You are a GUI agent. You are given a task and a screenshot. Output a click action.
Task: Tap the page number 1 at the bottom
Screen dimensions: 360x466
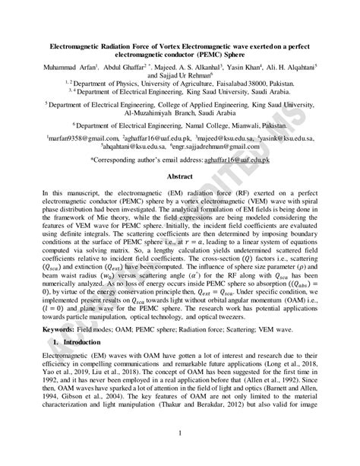[180, 433]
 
